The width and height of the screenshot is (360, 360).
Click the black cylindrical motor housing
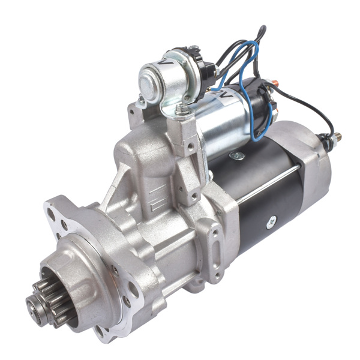tap(270, 192)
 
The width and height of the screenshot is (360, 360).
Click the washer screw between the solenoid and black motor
tap(238, 156)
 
